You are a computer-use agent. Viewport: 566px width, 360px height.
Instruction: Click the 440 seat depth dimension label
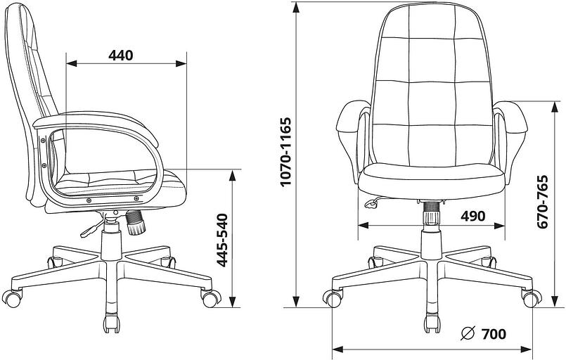pos(122,56)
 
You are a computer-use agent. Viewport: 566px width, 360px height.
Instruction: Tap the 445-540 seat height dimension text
pos(221,239)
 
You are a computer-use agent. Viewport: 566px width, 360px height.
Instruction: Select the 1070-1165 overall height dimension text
pos(285,151)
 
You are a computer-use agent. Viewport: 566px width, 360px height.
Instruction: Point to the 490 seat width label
pos(472,216)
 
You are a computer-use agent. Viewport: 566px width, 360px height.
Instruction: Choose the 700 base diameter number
pos(494,333)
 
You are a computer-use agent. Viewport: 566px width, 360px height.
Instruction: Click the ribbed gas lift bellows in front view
pos(431,212)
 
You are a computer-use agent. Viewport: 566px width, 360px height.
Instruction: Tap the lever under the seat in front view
pos(371,203)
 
